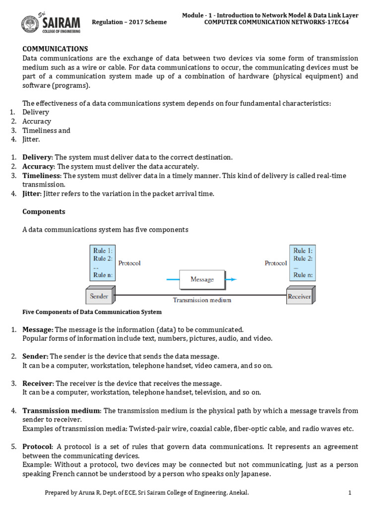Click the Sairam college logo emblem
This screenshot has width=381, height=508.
[x=31, y=23]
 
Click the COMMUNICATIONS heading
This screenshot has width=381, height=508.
[x=55, y=49]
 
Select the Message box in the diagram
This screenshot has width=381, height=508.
[x=202, y=279]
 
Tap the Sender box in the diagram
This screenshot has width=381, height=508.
[x=99, y=297]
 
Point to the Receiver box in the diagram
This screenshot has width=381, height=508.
[x=299, y=297]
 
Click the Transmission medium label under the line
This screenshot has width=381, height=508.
[x=202, y=300]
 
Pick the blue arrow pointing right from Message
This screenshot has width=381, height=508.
[x=231, y=279]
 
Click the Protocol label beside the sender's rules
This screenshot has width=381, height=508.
[x=129, y=263]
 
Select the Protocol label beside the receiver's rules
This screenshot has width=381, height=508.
[x=276, y=263]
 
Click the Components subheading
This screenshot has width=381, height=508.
[x=44, y=211]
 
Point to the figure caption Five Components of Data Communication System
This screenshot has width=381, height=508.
[x=92, y=312]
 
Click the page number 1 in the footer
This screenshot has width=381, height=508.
[x=350, y=493]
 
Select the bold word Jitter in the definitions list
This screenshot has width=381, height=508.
[x=32, y=193]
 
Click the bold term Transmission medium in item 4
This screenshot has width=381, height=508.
[x=62, y=411]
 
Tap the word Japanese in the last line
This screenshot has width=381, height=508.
[x=254, y=474]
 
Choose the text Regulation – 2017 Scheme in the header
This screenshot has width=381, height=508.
[x=129, y=22]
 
